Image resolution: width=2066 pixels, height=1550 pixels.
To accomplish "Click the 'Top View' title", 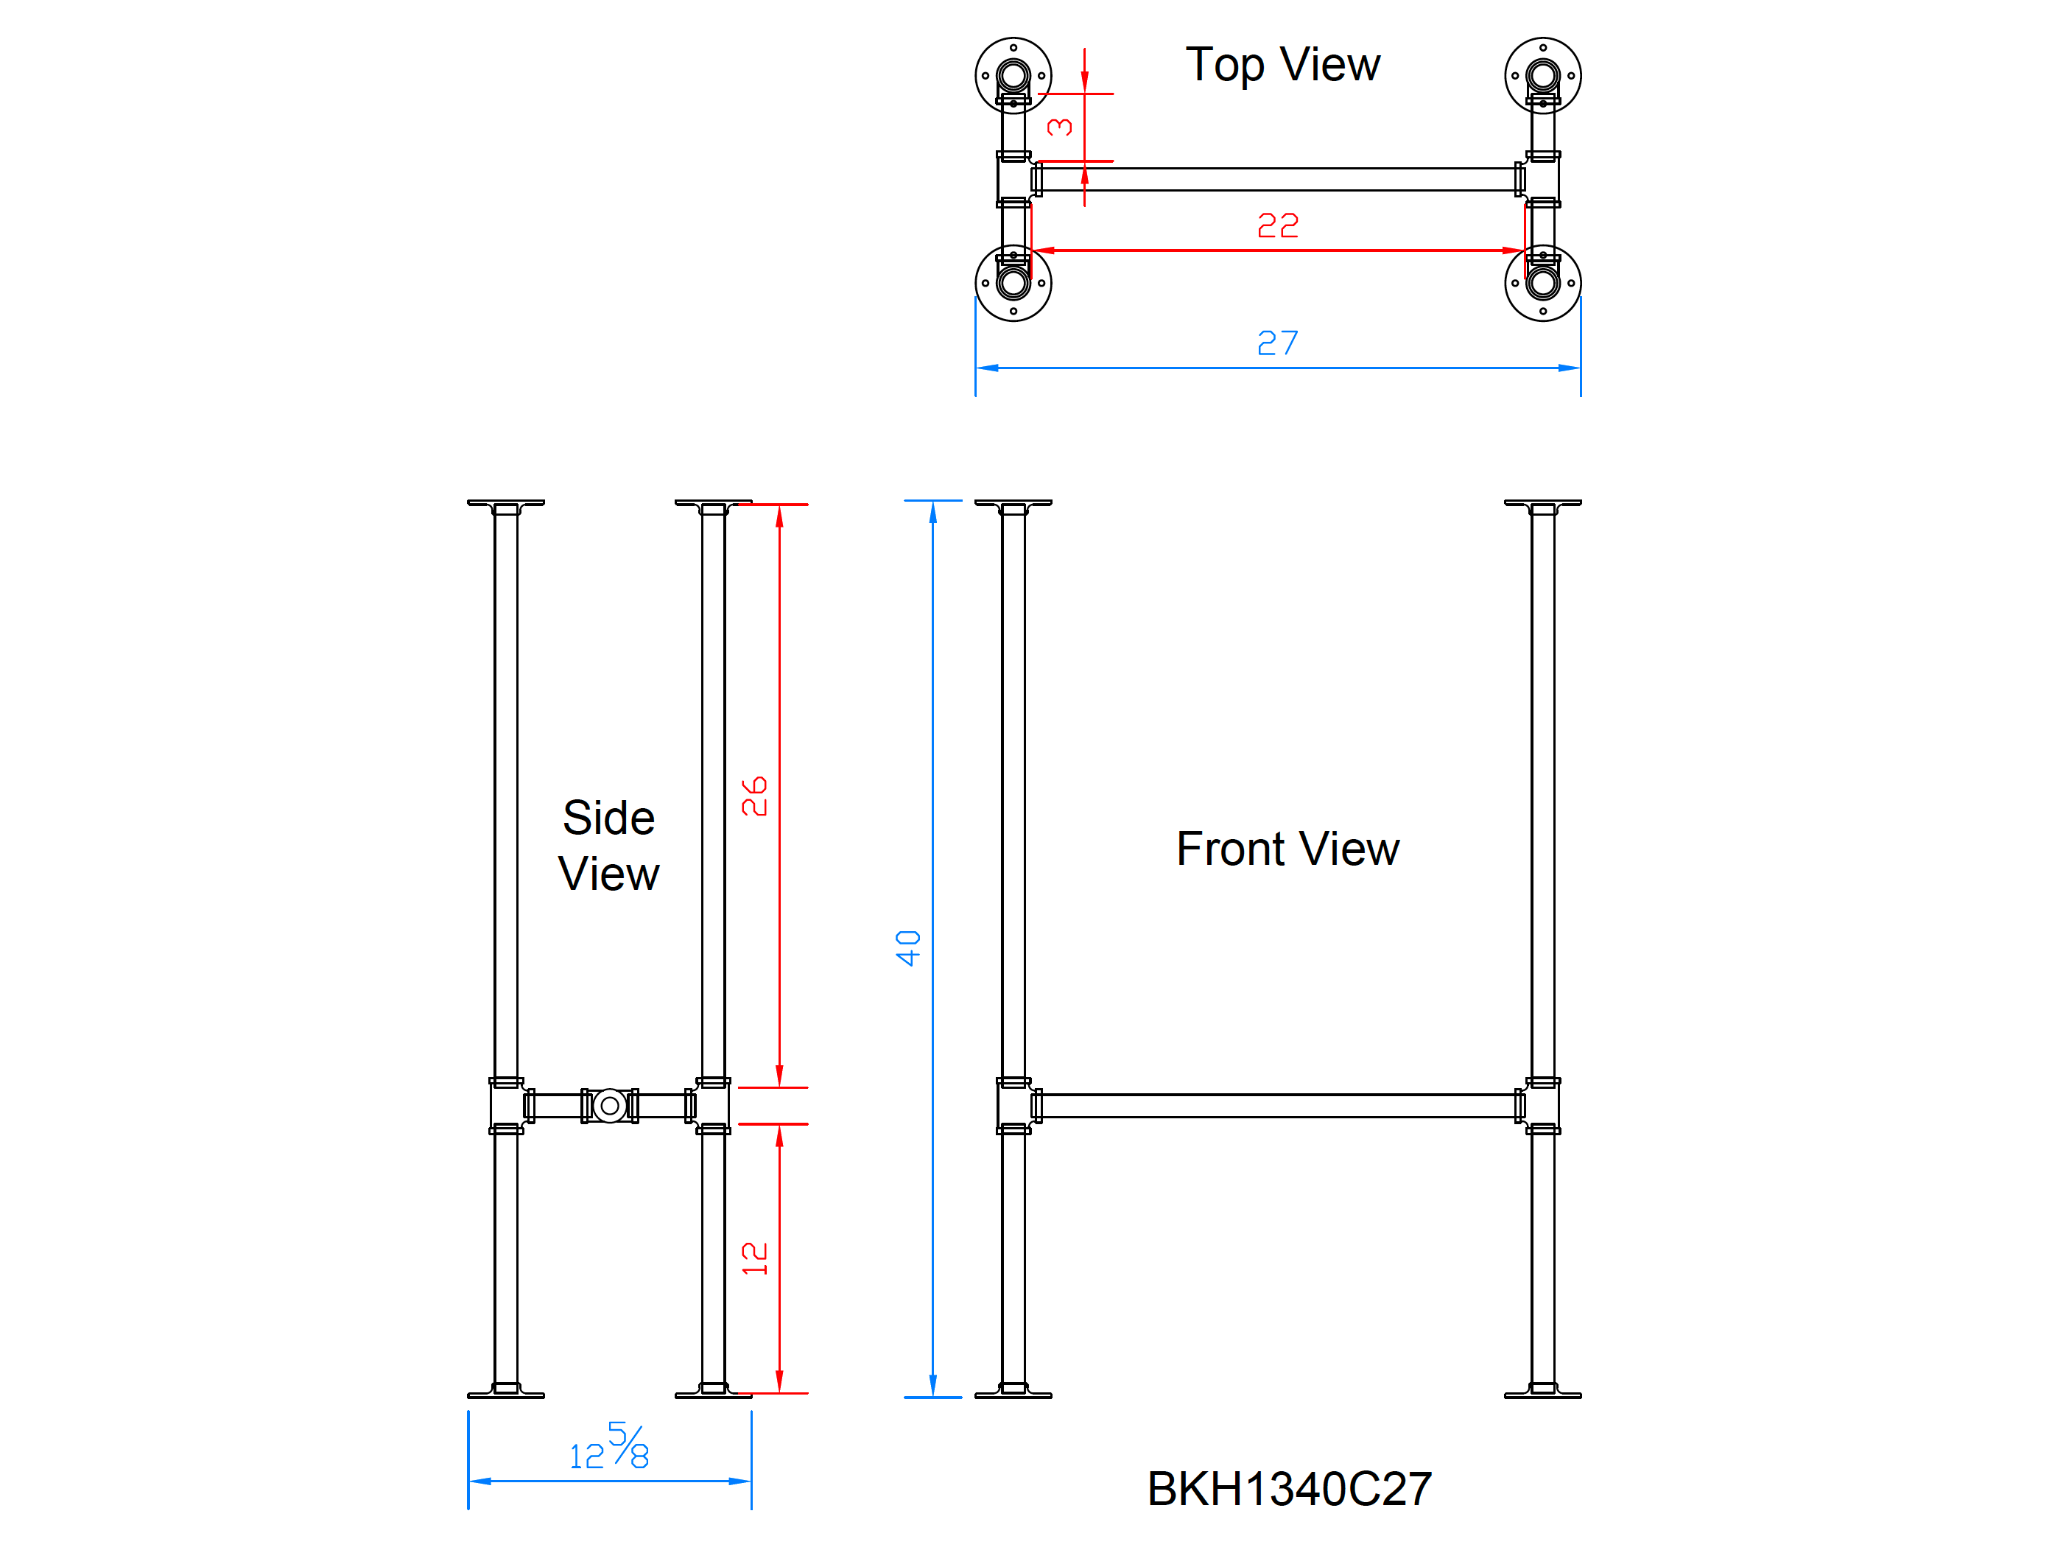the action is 1282,66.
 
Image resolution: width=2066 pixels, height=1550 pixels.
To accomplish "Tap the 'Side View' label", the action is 609,846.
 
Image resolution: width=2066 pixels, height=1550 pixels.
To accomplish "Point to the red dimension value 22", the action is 1278,226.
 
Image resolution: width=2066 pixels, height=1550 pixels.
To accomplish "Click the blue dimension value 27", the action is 1278,343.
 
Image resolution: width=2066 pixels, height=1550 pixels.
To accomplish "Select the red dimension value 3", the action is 1060,127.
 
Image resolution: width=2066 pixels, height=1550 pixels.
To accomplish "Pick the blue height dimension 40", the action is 908,948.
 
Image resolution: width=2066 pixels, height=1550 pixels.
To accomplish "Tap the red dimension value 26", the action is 753,797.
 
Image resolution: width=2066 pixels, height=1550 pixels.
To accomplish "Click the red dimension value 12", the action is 753,1258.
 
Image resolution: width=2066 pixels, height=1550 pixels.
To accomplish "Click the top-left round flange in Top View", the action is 1013,76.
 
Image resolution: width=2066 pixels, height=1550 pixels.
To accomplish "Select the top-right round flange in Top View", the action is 1543,76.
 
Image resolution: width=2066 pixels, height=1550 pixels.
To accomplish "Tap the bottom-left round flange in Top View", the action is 1013,283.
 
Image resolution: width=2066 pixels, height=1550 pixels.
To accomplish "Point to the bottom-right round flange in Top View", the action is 1543,283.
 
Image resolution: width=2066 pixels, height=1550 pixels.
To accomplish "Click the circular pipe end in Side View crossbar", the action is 610,1107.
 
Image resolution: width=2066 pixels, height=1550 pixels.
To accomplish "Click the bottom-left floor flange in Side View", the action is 506,1391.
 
